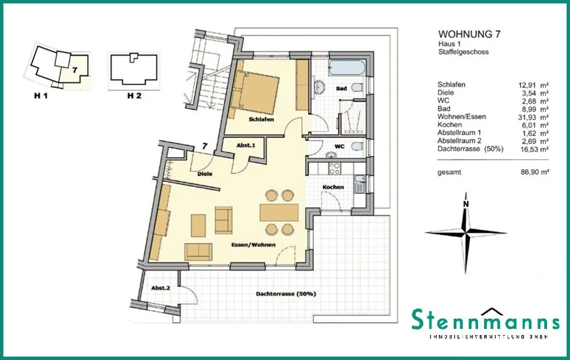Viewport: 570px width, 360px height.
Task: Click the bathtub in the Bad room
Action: pos(346,68)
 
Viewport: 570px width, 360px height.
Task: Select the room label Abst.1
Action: pos(246,145)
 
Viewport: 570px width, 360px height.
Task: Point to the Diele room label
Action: pos(205,174)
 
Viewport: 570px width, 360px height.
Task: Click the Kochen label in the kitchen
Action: pos(333,187)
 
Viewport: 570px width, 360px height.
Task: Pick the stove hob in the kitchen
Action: pos(335,168)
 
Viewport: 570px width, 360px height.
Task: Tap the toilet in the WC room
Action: pos(357,146)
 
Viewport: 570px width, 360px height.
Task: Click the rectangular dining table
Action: pos(279,212)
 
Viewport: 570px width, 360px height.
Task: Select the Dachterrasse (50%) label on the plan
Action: pos(286,294)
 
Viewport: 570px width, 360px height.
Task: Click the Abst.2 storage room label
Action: pos(161,288)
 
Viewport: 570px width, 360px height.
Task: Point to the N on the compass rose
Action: pos(466,204)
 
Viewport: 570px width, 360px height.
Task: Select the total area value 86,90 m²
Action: pos(535,173)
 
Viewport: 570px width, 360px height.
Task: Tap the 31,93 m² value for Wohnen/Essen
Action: pos(533,117)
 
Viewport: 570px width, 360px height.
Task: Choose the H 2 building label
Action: pos(134,96)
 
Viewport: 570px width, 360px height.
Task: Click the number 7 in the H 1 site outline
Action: pos(75,70)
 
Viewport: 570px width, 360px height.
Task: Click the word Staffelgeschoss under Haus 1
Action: pos(463,52)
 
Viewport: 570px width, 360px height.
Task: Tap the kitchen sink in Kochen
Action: pos(360,183)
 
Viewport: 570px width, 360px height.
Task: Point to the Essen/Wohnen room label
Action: pos(254,245)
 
